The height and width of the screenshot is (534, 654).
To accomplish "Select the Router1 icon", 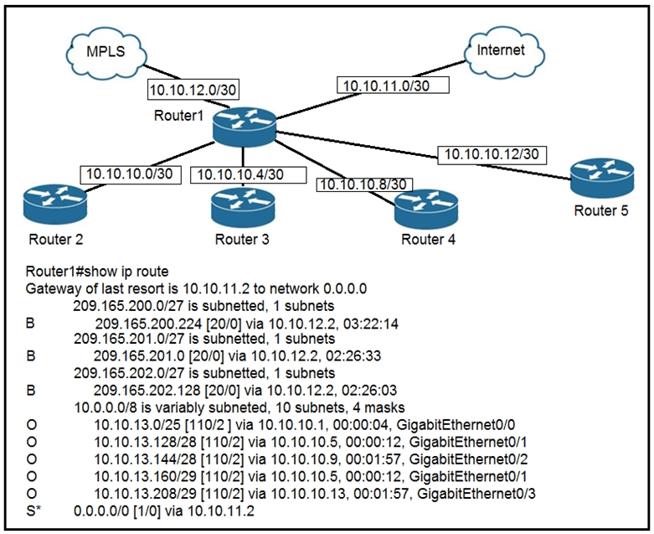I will pos(244,126).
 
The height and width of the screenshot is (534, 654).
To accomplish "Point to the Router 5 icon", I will pos(600,179).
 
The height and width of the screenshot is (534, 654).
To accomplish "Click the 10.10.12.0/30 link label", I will pos(188,88).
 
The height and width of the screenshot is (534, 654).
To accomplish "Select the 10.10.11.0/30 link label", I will pos(394,85).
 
